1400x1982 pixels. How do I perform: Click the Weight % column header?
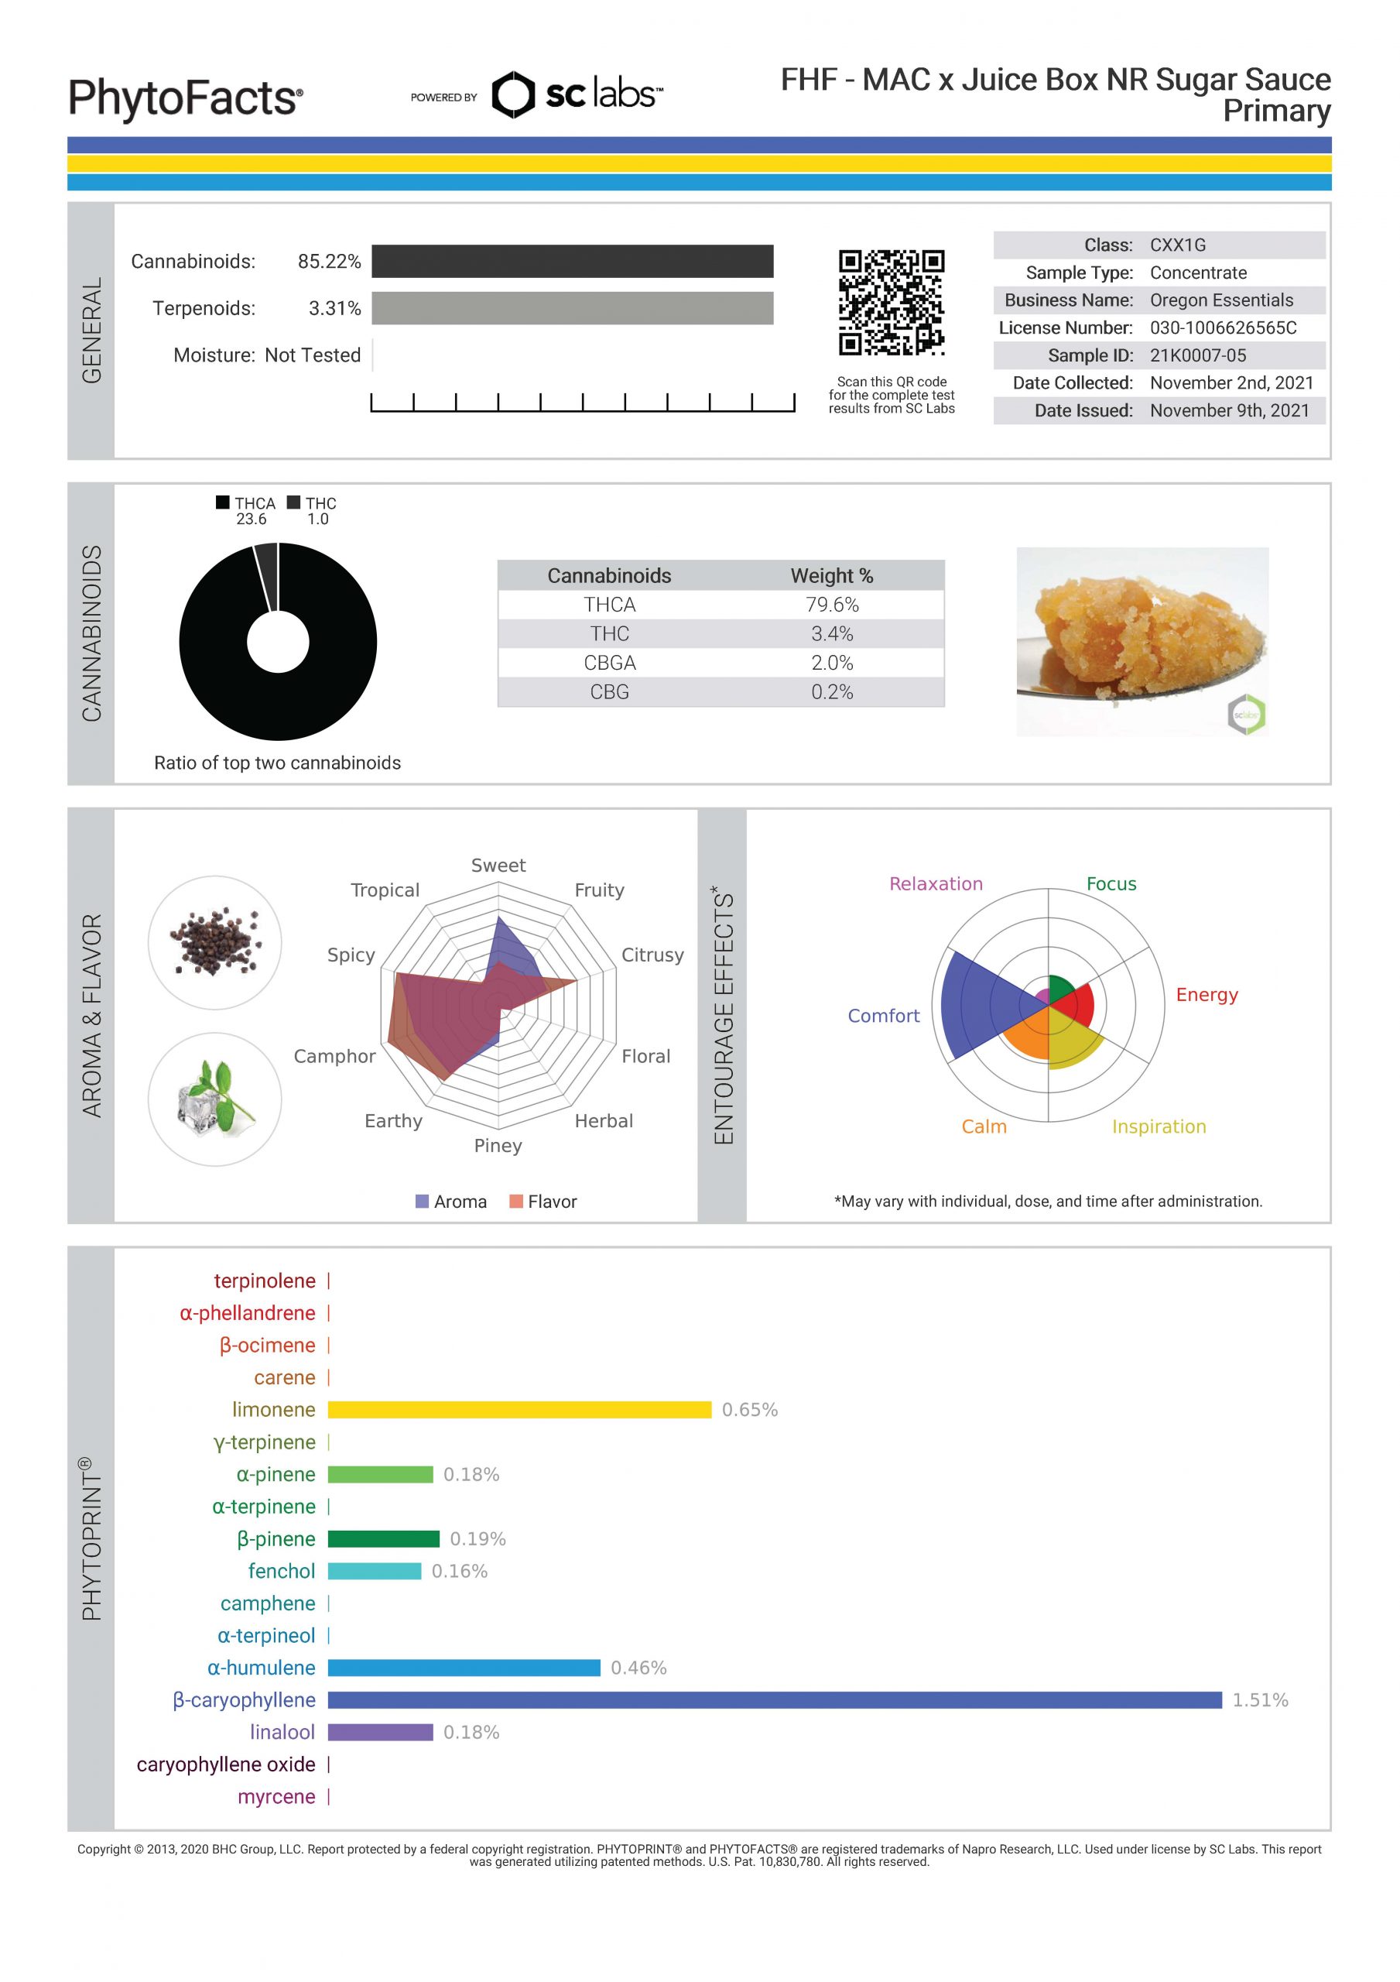point(831,576)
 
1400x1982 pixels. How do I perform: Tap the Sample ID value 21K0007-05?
point(1197,355)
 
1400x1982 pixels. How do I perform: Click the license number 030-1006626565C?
point(1222,328)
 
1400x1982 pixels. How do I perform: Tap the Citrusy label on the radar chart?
point(652,955)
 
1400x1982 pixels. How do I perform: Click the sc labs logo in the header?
point(577,94)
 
